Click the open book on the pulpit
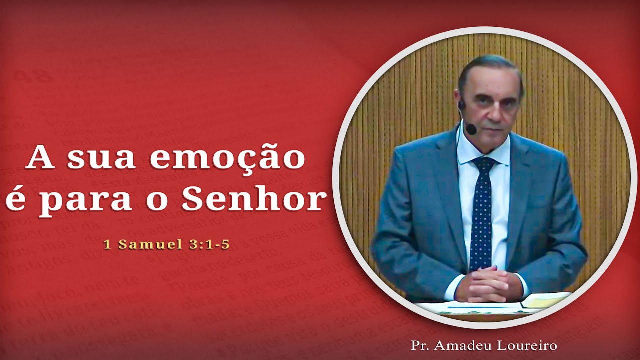click(545, 300)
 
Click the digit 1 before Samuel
click(107, 245)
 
